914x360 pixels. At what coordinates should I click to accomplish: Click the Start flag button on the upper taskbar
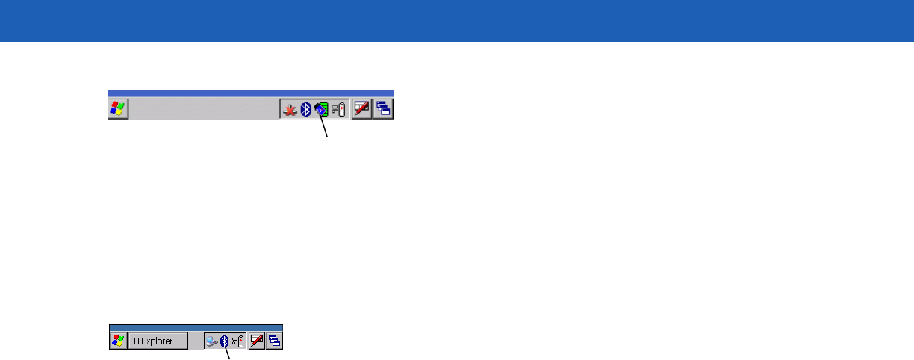pyautogui.click(x=118, y=109)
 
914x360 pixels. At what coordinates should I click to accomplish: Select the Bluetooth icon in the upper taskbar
pyautogui.click(x=305, y=110)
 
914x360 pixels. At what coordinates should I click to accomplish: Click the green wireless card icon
pyautogui.click(x=321, y=110)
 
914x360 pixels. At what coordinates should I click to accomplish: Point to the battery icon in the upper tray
pyautogui.click(x=338, y=110)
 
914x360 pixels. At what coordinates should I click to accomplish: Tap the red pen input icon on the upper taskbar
pyautogui.click(x=362, y=109)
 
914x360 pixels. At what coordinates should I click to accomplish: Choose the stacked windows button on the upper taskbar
pyautogui.click(x=383, y=109)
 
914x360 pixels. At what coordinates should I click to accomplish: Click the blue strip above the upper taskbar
pyautogui.click(x=250, y=93)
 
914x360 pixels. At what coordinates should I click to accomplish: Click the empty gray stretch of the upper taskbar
pyautogui.click(x=202, y=110)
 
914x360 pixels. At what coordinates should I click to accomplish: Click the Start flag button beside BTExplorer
pyautogui.click(x=118, y=341)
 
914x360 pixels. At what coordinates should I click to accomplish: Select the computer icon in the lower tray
pyautogui.click(x=212, y=341)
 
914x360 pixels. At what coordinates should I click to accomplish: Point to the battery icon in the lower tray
pyautogui.click(x=237, y=341)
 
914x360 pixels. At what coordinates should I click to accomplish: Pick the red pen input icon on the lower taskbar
pyautogui.click(x=257, y=341)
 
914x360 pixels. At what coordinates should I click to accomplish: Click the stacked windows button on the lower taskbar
pyautogui.click(x=274, y=341)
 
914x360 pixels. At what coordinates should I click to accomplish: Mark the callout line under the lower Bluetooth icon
pyautogui.click(x=227, y=354)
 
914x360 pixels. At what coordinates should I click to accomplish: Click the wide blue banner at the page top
pyautogui.click(x=457, y=20)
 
